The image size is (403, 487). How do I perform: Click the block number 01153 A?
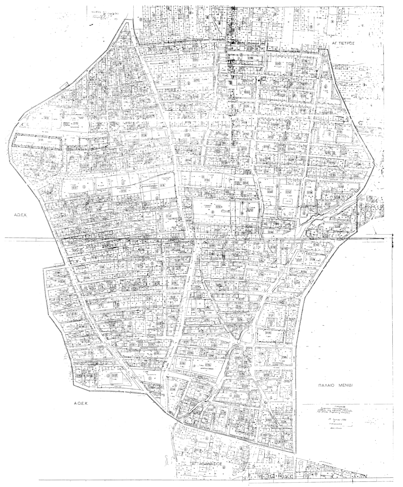tap(219, 207)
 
